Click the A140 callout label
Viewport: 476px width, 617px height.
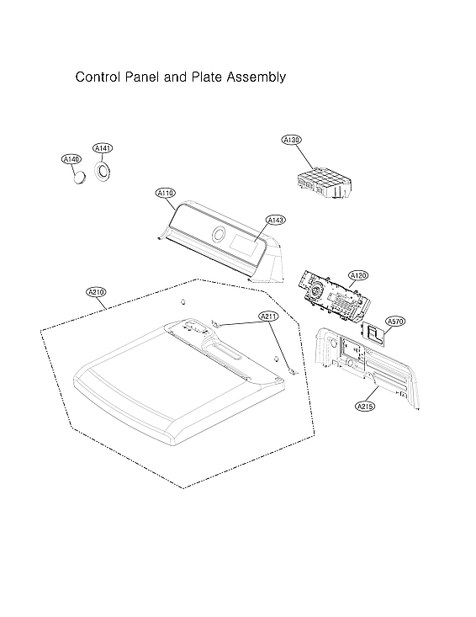[71, 159]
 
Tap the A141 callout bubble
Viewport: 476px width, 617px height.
[103, 148]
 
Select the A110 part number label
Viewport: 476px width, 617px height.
[165, 193]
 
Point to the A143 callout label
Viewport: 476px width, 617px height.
[276, 220]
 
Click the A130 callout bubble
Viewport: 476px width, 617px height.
[292, 140]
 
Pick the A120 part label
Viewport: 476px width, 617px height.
[358, 275]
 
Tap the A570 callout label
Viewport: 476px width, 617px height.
[395, 321]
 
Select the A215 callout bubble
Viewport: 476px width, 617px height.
[365, 406]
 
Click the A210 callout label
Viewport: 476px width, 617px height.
[97, 292]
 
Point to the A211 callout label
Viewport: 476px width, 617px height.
[269, 316]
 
